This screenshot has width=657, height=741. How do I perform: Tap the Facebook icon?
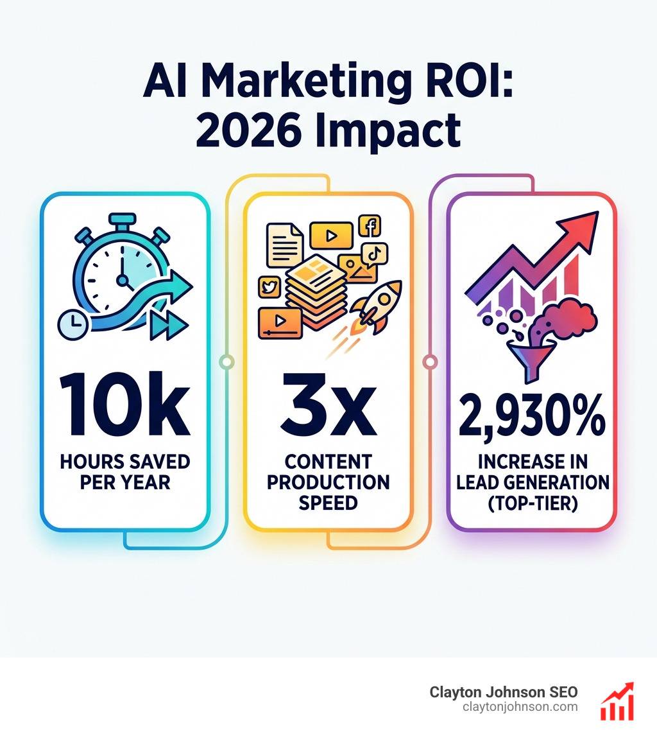(x=370, y=226)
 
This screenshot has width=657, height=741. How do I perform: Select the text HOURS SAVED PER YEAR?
(x=124, y=471)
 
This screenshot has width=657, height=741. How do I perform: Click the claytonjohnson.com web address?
(x=520, y=707)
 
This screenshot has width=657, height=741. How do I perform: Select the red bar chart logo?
(x=617, y=701)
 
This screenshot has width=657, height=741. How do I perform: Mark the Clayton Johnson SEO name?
(x=504, y=692)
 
